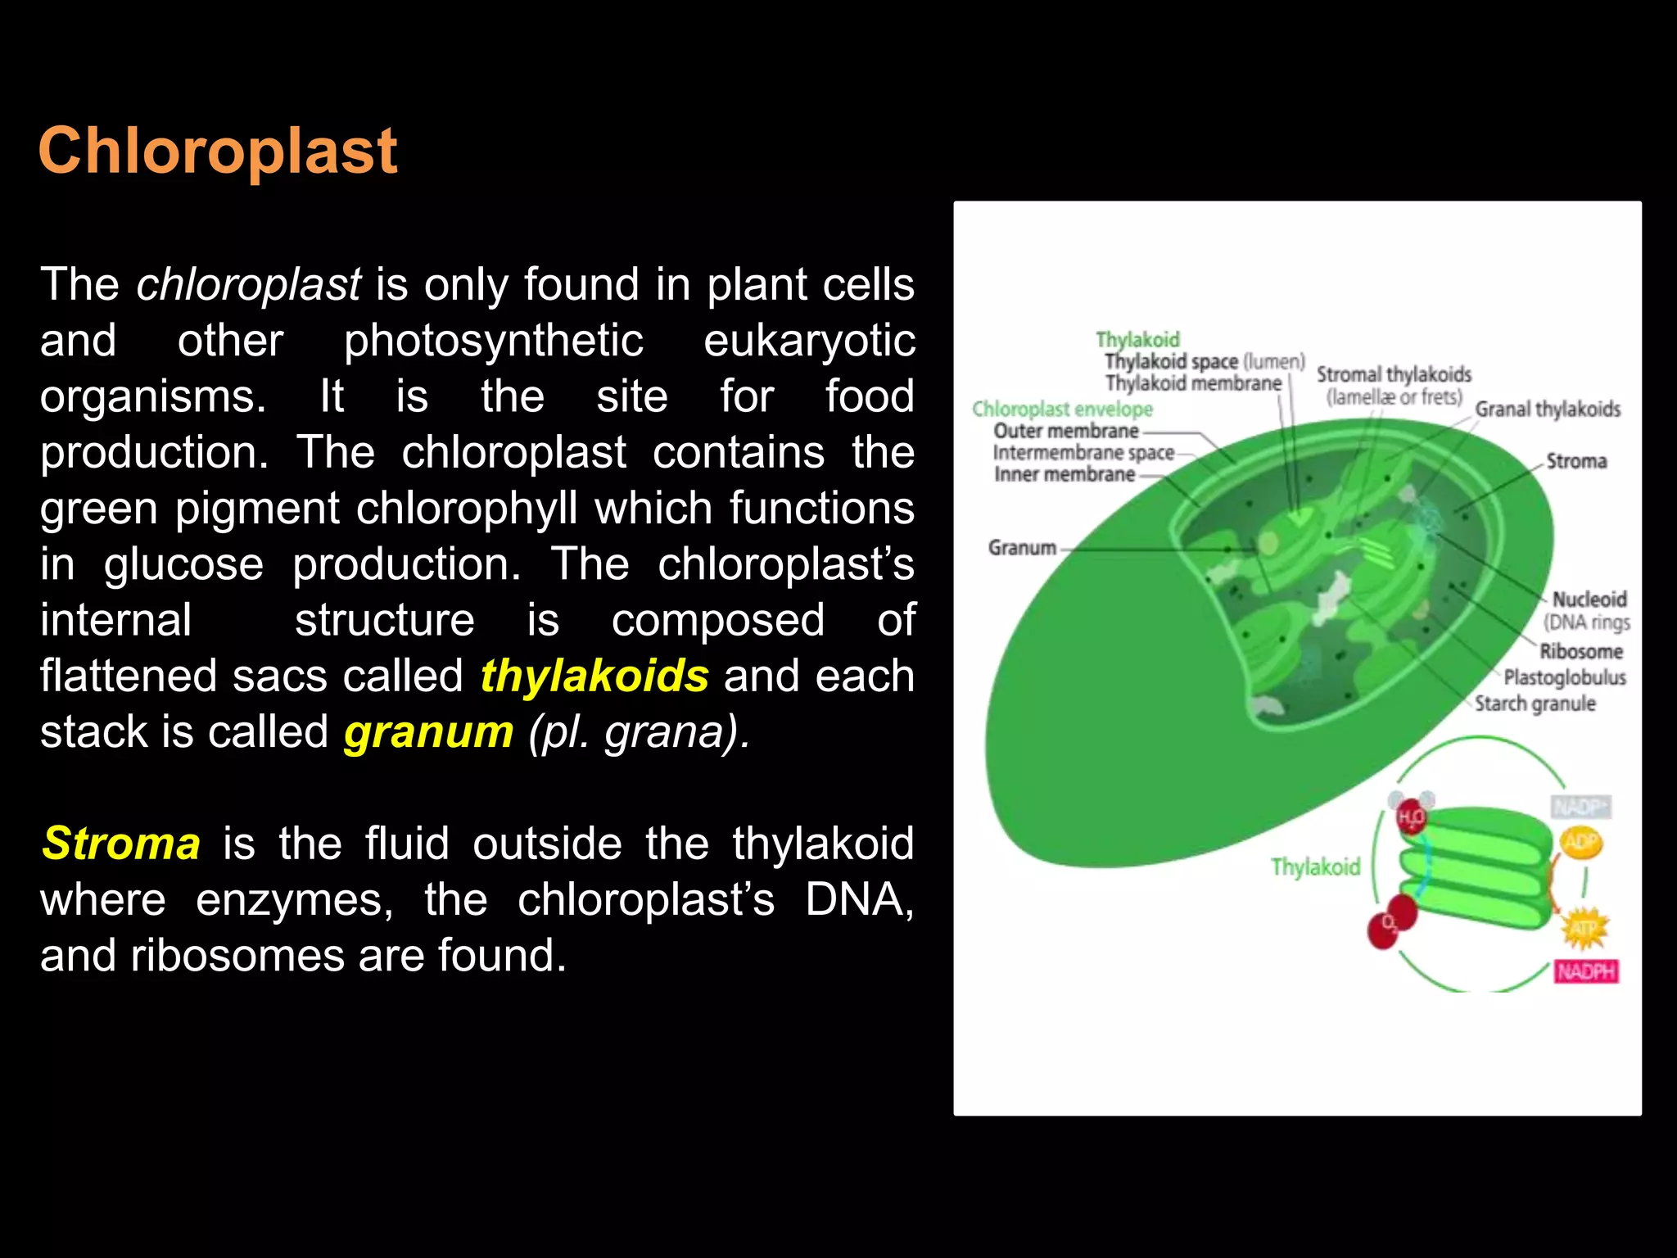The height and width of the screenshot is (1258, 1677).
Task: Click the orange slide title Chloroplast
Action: (x=218, y=152)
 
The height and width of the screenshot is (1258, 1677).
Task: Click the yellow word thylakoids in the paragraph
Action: (x=594, y=677)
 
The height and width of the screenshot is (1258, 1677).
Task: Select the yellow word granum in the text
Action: (x=428, y=732)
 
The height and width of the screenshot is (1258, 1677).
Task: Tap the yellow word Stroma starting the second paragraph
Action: (x=121, y=844)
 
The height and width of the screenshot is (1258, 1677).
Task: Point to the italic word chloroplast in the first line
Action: (x=248, y=285)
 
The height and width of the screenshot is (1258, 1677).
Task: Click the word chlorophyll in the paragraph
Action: (x=468, y=509)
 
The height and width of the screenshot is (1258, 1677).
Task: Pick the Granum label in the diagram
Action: (x=1022, y=547)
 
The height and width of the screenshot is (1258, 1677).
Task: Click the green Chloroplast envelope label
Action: (x=1062, y=409)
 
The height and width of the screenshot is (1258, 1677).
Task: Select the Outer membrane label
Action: (x=1065, y=431)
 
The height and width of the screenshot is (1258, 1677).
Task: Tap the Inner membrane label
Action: (x=1064, y=474)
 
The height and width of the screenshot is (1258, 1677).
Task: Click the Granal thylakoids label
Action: (x=1547, y=409)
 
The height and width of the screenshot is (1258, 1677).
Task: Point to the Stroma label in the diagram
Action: (x=1575, y=461)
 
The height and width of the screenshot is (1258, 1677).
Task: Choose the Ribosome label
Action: (x=1580, y=651)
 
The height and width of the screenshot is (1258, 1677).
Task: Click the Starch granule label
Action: (x=1535, y=704)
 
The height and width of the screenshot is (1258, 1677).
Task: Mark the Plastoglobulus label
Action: (x=1564, y=677)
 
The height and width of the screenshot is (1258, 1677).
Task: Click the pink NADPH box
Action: (x=1586, y=971)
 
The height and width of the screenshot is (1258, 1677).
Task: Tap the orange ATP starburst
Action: (x=1584, y=929)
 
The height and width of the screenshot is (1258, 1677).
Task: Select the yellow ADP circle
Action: (x=1580, y=842)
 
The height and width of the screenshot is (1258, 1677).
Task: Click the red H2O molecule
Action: (x=1410, y=817)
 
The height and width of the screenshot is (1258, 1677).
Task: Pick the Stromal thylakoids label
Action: (x=1394, y=375)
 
